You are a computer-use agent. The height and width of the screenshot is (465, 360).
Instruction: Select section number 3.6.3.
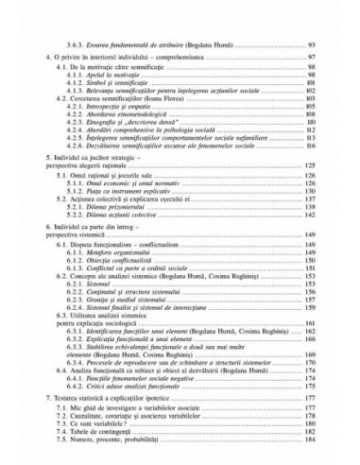[68, 45]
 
